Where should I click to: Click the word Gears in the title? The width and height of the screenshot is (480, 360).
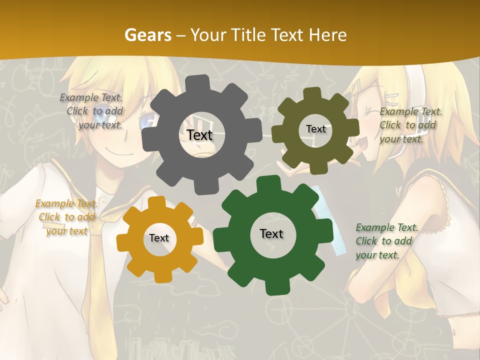pos(147,35)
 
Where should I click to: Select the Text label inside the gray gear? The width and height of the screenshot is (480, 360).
pos(199,135)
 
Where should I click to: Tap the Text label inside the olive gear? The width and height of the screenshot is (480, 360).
pos(315,129)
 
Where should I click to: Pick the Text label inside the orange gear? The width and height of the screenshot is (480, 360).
pos(158,238)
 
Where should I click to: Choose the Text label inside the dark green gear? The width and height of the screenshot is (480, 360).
pos(271,234)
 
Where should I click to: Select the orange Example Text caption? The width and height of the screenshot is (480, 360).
pos(66,217)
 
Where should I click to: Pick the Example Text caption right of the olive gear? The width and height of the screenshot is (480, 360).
pos(410,125)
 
